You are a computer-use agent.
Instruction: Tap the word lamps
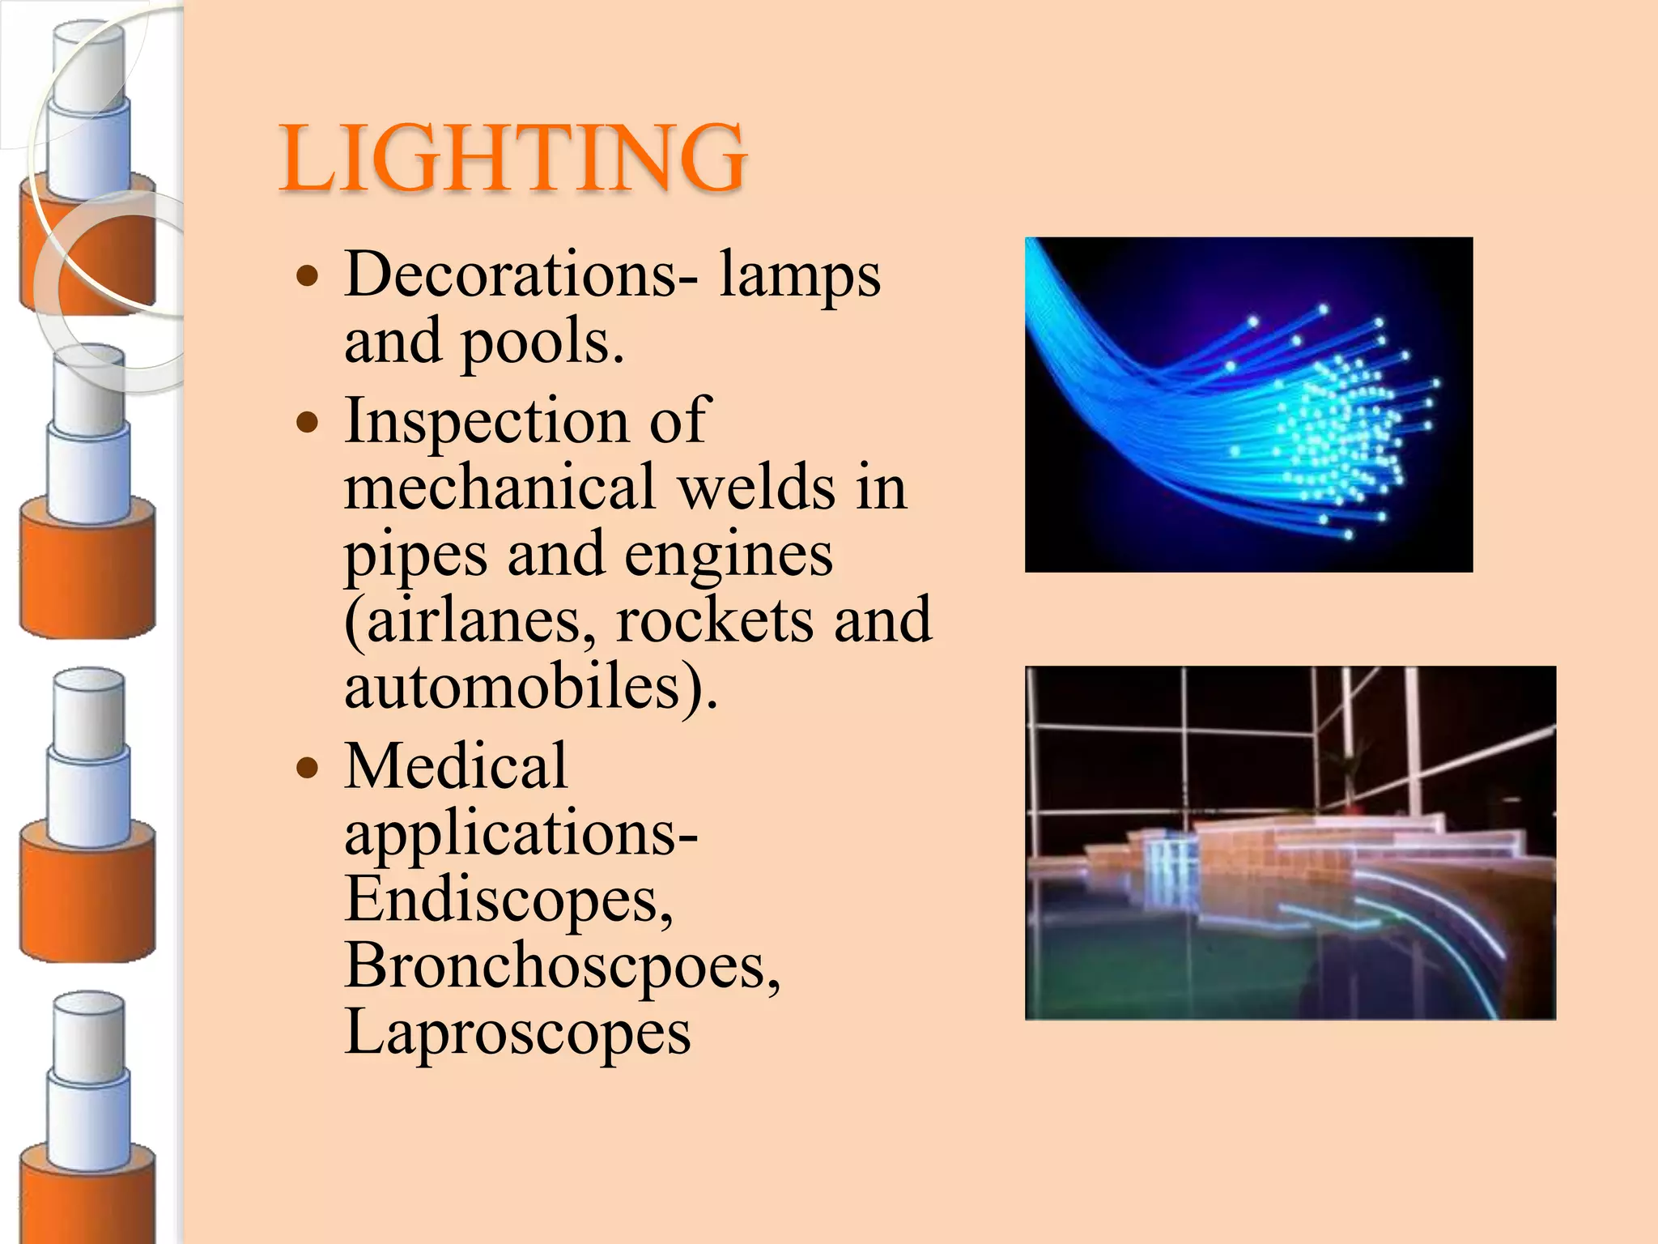coord(799,275)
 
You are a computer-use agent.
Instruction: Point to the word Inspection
coord(485,421)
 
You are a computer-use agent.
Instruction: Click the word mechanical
coord(499,488)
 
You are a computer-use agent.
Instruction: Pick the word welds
coord(756,488)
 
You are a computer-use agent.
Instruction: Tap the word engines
coord(728,556)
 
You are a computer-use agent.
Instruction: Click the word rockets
coord(715,620)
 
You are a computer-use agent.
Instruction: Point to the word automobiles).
coord(531,687)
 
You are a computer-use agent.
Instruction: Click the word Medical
coord(456,766)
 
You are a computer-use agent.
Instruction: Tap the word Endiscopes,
coord(508,899)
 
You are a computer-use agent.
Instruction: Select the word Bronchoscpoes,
coord(563,965)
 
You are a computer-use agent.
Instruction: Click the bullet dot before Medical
coord(308,767)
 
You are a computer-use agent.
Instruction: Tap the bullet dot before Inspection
coord(308,422)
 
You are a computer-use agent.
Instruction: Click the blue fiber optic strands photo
coord(1248,404)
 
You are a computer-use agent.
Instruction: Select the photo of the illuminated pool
coord(1290,842)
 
